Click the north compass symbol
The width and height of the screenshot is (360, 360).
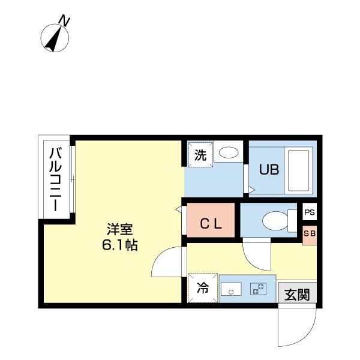pyautogui.click(x=56, y=38)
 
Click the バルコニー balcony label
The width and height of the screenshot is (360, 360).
pyautogui.click(x=55, y=179)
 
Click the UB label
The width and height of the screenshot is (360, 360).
pyautogui.click(x=268, y=170)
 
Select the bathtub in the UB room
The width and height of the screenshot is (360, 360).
pyautogui.click(x=298, y=169)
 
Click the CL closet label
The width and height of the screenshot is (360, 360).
pyautogui.click(x=211, y=224)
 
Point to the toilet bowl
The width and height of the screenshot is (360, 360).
pyautogui.click(x=276, y=221)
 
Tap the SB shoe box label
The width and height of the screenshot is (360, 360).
pyautogui.click(x=309, y=233)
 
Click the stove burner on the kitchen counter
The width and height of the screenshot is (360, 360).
pyautogui.click(x=259, y=289)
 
